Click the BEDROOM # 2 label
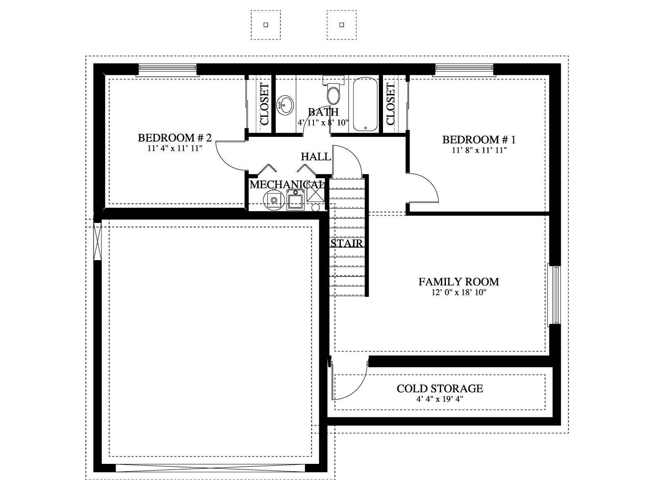coord(175,138)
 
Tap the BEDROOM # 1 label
coord(479,140)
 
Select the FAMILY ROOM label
coord(459,282)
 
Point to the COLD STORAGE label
coord(440,389)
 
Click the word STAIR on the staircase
coord(347,244)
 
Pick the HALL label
coord(316,157)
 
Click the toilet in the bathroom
coord(334,91)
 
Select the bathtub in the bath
coord(365,104)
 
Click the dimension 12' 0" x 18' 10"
coord(459,293)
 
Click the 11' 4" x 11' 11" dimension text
coord(175,149)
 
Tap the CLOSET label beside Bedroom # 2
coord(264,104)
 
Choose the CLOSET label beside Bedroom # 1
coord(390,104)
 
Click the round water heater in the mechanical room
coord(274,200)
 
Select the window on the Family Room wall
coord(555,295)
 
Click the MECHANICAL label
coord(287,185)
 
